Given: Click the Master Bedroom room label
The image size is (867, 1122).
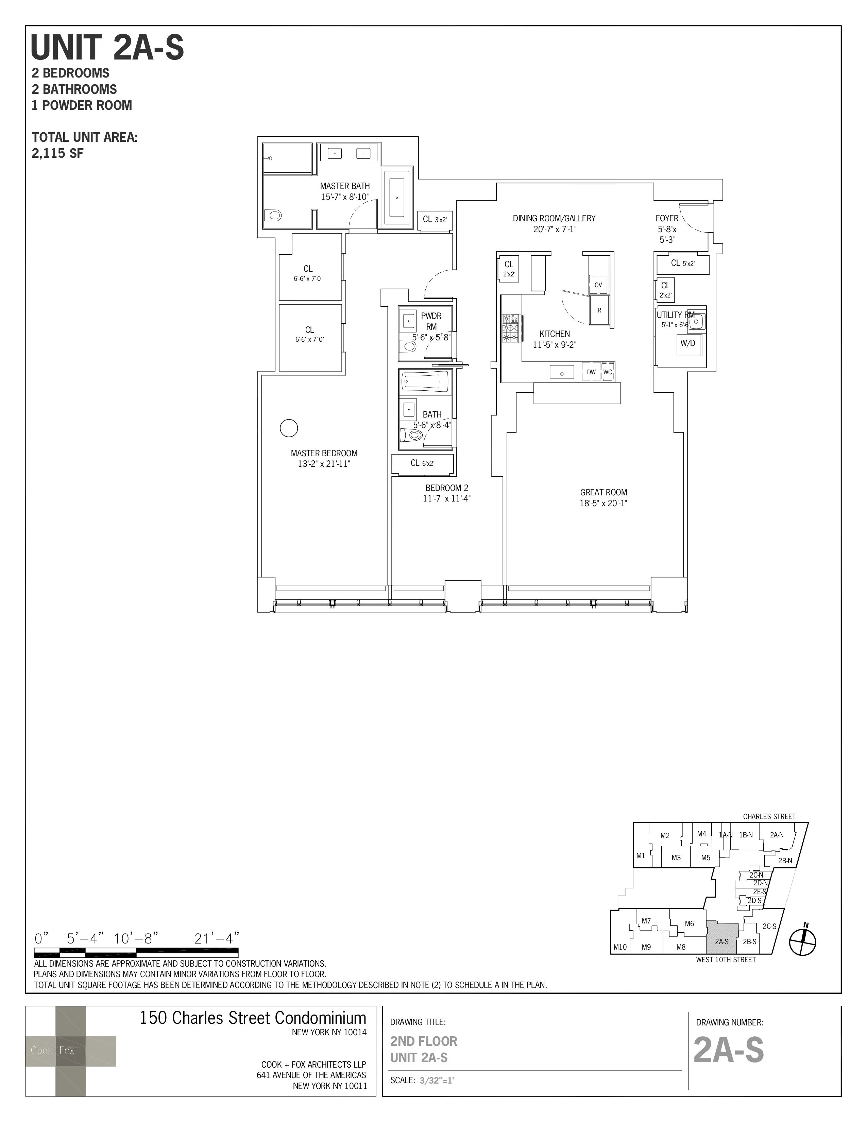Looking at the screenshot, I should coord(324,453).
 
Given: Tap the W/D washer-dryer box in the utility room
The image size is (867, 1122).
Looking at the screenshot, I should coord(688,343).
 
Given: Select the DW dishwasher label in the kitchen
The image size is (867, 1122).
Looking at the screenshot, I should coord(591,372).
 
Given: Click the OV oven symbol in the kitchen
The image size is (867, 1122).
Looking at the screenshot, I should coord(598,285).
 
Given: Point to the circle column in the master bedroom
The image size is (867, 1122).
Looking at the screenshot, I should coord(289,428).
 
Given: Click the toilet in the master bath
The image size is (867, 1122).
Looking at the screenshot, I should coord(273,215).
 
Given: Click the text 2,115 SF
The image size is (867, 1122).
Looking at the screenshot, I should coord(57,153).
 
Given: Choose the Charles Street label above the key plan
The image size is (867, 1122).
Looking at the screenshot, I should coord(769,816).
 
